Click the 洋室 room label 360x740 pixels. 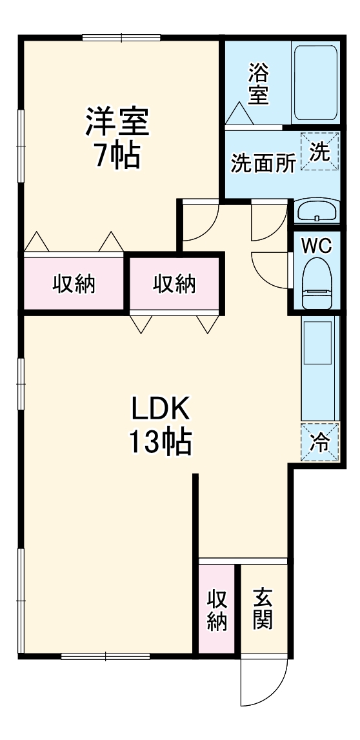[x=117, y=121]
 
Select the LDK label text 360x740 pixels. [x=160, y=408]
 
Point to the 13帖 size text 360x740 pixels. [x=160, y=442]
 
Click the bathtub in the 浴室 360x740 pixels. [x=315, y=83]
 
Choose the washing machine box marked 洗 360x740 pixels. [x=319, y=151]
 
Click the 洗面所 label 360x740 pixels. [x=263, y=163]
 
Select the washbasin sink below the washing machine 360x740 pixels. [x=317, y=211]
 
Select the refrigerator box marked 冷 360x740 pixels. [x=319, y=442]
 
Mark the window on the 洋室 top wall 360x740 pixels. [x=121, y=38]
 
